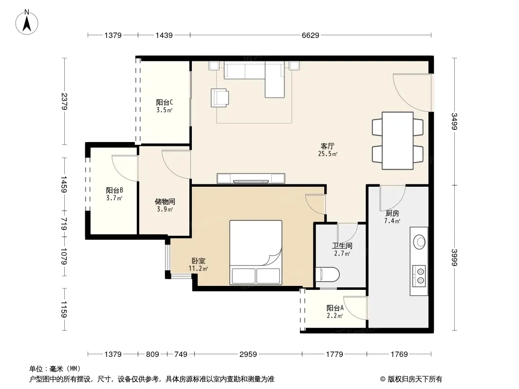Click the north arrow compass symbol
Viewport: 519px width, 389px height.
point(27,22)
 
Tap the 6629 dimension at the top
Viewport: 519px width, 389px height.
point(310,35)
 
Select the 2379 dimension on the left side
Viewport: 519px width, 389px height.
point(64,102)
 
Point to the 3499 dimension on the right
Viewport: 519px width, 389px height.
point(454,121)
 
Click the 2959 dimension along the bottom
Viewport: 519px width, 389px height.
point(248,354)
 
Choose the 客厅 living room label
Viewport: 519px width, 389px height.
point(327,146)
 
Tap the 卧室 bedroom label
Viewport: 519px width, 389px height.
point(198,261)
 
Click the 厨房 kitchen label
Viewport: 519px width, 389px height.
point(392,213)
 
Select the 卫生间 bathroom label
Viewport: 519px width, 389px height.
point(342,246)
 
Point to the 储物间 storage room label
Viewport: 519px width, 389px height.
point(165,202)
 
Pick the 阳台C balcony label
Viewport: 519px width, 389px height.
point(165,103)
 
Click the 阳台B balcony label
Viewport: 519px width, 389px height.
point(114,191)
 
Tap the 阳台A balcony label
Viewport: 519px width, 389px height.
point(335,308)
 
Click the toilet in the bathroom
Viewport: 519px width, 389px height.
point(328,274)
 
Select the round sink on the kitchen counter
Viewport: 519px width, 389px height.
point(420,242)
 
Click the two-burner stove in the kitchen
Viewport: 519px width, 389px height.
point(419,276)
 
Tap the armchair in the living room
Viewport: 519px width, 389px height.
point(220,98)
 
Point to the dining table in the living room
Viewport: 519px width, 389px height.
point(397,141)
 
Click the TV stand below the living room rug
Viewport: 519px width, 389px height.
point(251,178)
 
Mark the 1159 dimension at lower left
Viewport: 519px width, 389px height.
point(64,309)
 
